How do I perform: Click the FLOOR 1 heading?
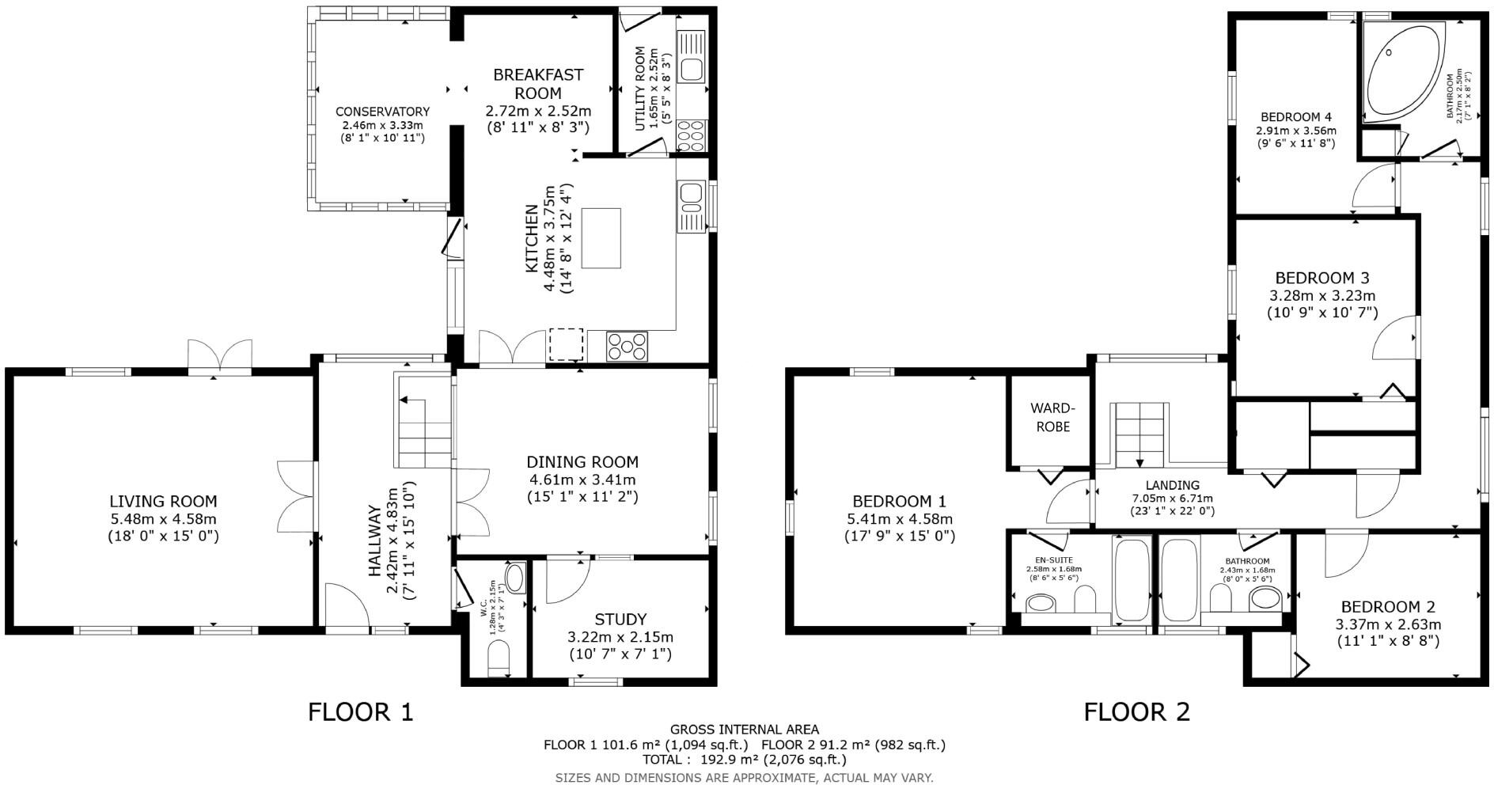[360, 712]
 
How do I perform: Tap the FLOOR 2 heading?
[1136, 712]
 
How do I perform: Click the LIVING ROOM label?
[163, 502]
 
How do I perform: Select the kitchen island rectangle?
[601, 238]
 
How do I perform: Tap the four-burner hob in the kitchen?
[628, 346]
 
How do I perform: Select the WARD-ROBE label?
[1050, 417]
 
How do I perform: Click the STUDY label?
[620, 620]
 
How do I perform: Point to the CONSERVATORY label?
[382, 112]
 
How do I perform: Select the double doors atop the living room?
[220, 355]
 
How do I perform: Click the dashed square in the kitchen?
[566, 344]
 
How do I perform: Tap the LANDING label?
[1173, 485]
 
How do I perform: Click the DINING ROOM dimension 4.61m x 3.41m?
[582, 480]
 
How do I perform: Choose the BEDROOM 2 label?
[1388, 607]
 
